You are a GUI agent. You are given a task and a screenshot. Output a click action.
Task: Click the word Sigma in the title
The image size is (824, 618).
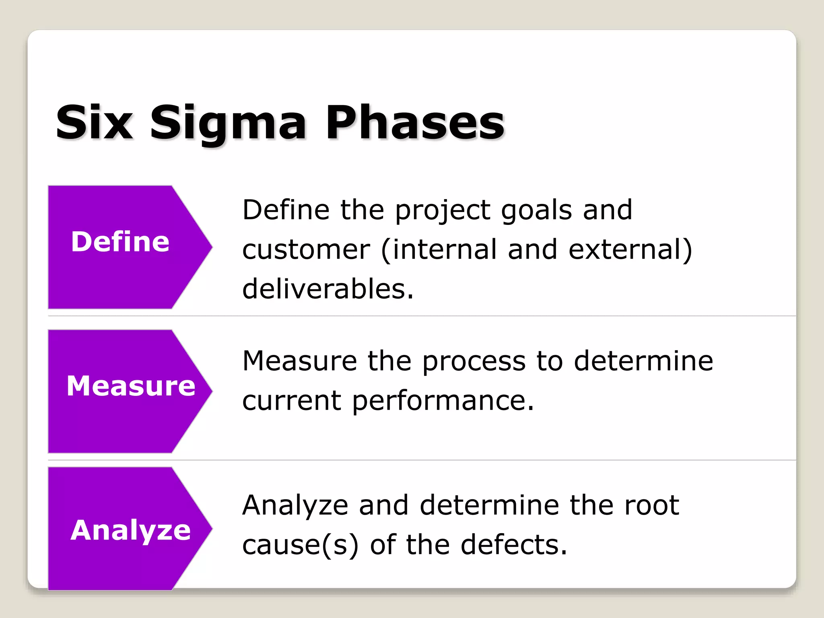pos(228,123)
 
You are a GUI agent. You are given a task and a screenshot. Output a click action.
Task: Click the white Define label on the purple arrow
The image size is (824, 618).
pos(120,242)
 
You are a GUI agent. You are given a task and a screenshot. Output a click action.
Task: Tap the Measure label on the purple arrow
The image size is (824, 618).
pos(131,386)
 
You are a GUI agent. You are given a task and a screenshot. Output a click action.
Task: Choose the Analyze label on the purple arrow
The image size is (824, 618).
pos(130,530)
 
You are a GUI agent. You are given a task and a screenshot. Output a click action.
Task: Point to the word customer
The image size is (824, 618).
pos(306,249)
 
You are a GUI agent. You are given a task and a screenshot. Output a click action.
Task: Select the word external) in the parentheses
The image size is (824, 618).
pos(630,249)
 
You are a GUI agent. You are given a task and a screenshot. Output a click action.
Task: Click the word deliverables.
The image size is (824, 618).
pos(328,289)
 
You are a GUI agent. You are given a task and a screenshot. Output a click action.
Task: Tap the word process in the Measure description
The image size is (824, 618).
pos(474,360)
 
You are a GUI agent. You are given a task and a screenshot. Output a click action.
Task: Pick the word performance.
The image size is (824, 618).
pos(443,401)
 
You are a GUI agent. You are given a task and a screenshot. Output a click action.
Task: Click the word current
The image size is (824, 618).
pos(292,401)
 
